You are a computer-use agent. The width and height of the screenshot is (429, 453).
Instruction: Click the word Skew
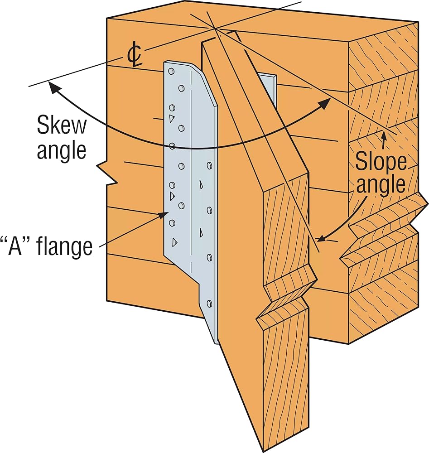(62, 125)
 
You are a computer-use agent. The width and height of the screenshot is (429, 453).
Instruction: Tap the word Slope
(381, 162)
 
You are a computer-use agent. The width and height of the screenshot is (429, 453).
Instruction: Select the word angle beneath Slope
(381, 184)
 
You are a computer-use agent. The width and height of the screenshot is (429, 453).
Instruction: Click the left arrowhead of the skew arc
(53, 88)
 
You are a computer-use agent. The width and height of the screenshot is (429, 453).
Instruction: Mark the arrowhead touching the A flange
(164, 214)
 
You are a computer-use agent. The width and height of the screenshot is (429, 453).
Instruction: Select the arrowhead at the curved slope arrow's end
(321, 239)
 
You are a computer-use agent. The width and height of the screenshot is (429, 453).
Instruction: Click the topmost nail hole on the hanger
(171, 71)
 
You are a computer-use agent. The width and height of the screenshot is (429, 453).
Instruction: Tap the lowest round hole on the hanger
(209, 304)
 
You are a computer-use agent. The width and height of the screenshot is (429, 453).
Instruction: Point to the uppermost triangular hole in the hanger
(172, 118)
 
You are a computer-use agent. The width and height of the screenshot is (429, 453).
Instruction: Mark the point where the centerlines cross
(215, 28)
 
